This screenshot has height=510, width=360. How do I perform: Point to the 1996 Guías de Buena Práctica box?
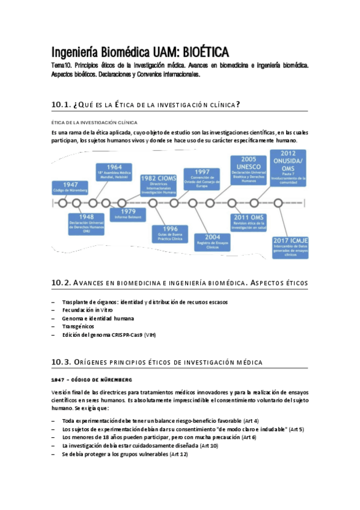(x=169, y=234)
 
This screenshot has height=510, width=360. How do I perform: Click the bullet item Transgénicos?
(x=78, y=326)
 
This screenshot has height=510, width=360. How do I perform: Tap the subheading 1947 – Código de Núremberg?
(x=92, y=380)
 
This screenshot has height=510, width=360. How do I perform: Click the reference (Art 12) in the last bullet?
(x=178, y=454)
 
